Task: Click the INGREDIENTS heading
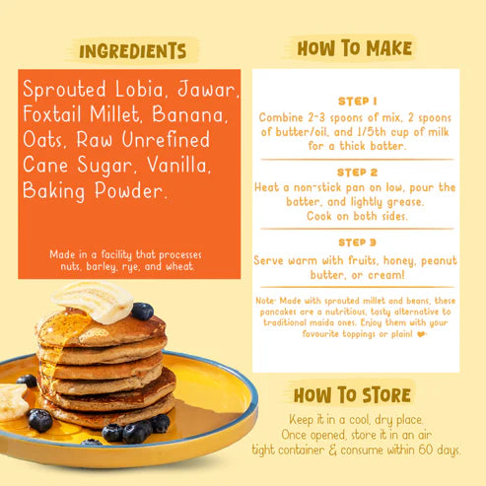[x=132, y=50]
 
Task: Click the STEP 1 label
[x=357, y=101]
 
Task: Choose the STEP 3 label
[x=357, y=242]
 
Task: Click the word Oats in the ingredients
[x=44, y=139]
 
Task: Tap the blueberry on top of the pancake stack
[x=143, y=312]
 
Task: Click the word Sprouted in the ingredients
[x=62, y=90]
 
